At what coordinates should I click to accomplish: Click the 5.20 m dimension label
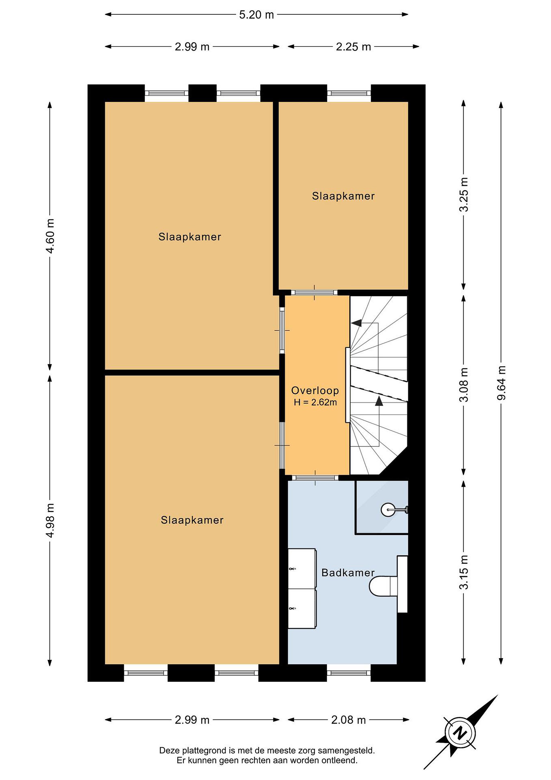click(x=256, y=15)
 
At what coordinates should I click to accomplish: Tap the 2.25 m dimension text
click(x=353, y=47)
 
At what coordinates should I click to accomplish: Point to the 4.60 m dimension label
click(x=50, y=236)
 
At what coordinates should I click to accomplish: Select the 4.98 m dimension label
click(x=50, y=521)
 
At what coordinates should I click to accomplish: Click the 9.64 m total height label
click(x=501, y=383)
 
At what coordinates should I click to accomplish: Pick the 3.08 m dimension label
click(x=463, y=385)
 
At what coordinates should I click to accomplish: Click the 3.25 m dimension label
click(x=463, y=195)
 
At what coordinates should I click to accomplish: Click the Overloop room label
click(x=315, y=391)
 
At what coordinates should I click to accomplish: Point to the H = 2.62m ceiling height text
click(x=315, y=402)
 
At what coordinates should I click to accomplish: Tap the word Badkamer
click(x=348, y=573)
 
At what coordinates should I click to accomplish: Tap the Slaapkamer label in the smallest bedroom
click(x=343, y=196)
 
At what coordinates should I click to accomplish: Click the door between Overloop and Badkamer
click(x=315, y=478)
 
